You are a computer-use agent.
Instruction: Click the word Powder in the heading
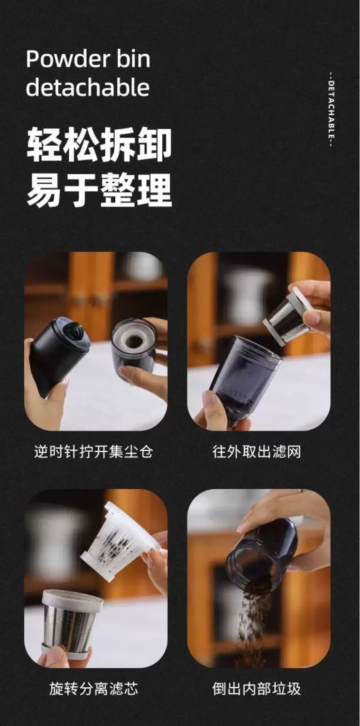click(x=65, y=59)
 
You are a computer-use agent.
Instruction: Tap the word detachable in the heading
click(x=88, y=87)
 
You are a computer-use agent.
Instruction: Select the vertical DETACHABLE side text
click(x=331, y=110)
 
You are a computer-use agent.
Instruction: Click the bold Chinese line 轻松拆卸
click(x=99, y=144)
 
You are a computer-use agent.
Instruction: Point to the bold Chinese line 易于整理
click(x=99, y=189)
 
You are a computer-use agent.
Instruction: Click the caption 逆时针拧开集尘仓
click(x=94, y=452)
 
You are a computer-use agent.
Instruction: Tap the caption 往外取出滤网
click(x=257, y=452)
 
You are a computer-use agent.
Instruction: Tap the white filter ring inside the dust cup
click(x=133, y=339)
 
